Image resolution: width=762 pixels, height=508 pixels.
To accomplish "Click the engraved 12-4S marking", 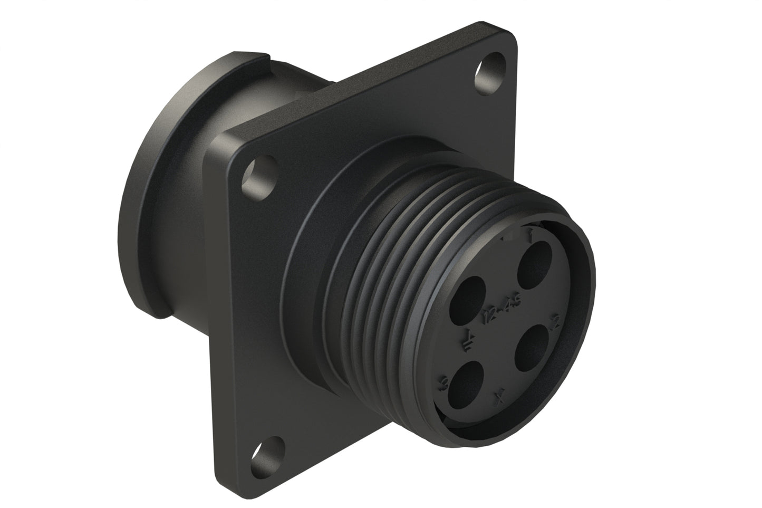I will (x=494, y=311).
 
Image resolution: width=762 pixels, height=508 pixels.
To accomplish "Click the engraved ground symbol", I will (x=468, y=339).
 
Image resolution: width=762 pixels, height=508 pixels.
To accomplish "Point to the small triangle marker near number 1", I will (x=507, y=239).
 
